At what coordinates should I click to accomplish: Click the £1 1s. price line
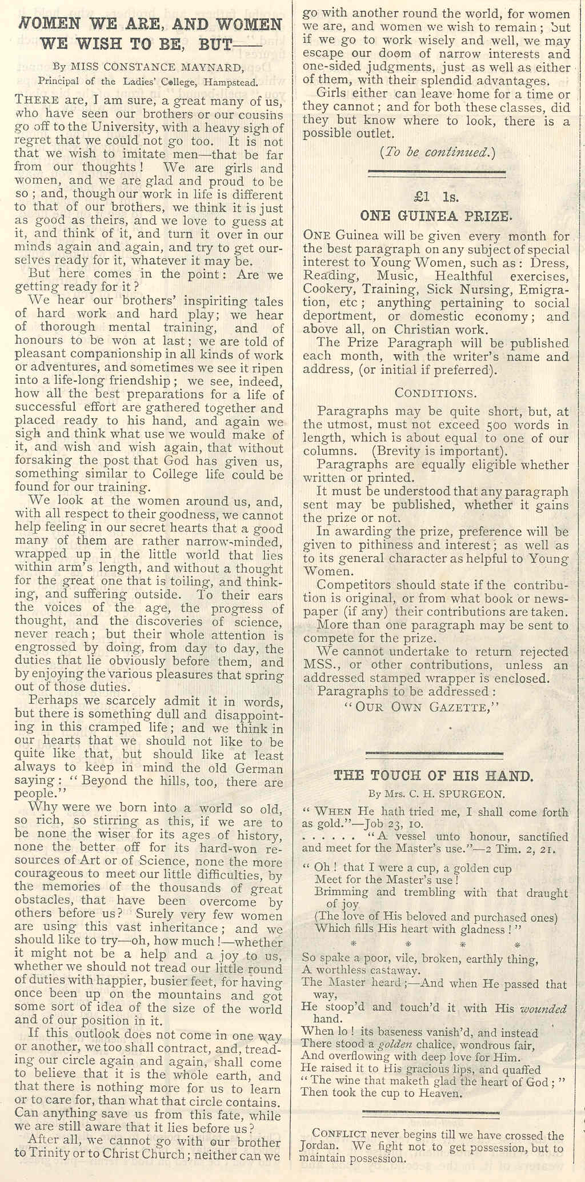tap(437, 197)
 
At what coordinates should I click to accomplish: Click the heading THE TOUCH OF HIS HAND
tap(434, 775)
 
